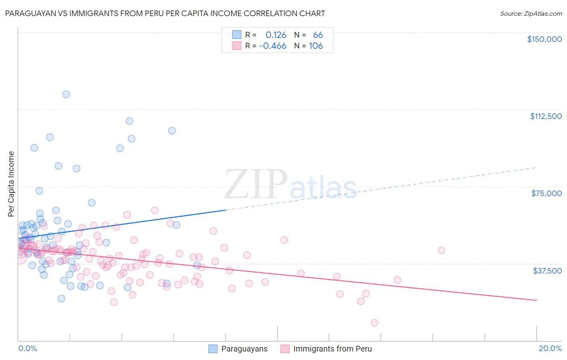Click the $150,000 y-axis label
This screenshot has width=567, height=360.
[x=544, y=39]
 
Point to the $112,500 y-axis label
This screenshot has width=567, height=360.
[x=546, y=116]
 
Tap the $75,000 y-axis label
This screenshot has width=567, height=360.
[x=546, y=193]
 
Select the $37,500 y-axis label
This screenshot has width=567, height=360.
[x=547, y=271]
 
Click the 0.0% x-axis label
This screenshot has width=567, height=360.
[x=27, y=348]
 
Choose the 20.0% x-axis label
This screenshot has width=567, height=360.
[x=550, y=348]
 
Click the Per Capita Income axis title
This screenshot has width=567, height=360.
[x=11, y=184]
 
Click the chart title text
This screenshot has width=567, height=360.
[x=165, y=13]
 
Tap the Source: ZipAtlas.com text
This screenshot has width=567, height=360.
[x=531, y=14]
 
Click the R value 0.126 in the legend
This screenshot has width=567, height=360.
[x=276, y=35]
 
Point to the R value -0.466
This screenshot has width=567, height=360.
[x=273, y=46]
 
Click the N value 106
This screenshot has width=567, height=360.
[x=316, y=46]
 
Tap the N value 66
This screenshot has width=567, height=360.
[x=318, y=35]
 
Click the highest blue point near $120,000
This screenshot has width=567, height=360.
[x=66, y=94]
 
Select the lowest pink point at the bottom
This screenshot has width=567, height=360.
[x=374, y=323]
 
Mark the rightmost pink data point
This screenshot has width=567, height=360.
[x=441, y=250]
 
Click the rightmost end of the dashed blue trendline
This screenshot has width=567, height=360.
[x=536, y=167]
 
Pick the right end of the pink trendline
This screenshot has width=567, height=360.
[x=536, y=300]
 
